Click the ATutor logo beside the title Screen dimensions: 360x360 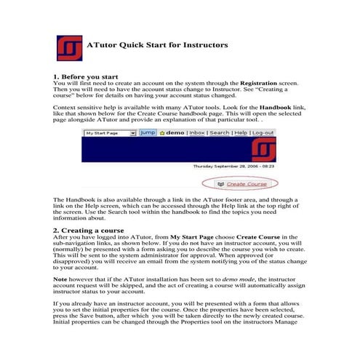click(68, 46)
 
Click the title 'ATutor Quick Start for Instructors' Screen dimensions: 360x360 click(157, 45)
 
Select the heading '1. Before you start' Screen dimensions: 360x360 click(85, 76)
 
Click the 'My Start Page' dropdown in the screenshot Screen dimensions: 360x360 click(109, 134)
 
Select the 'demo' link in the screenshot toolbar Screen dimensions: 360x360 click(171, 134)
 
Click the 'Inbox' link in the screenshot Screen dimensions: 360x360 click(197, 134)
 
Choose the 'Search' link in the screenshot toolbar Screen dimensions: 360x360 click(220, 134)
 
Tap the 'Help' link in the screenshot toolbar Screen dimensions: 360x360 click(241, 134)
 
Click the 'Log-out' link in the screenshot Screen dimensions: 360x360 click(263, 134)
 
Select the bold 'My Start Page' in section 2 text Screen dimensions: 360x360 click(194, 237)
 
